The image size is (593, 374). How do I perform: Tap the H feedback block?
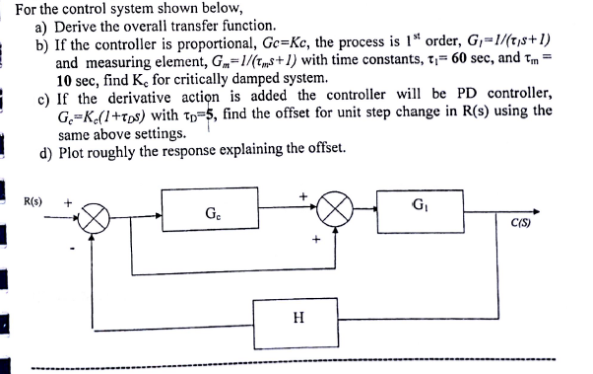(x=297, y=318)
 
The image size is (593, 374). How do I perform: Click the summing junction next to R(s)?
(x=96, y=216)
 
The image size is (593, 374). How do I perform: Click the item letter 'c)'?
(x=42, y=98)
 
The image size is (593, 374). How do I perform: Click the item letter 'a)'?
(x=42, y=28)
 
